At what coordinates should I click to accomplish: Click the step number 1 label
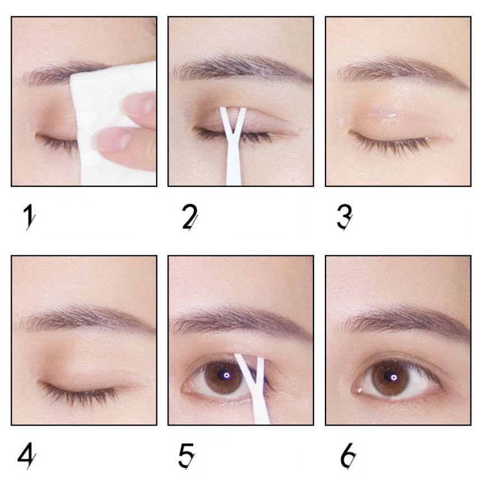(x=29, y=217)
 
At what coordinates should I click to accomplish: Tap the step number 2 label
(x=189, y=217)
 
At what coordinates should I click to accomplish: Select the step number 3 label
(x=345, y=217)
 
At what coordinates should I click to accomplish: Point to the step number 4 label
(x=26, y=456)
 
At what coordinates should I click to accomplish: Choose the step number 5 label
(x=186, y=456)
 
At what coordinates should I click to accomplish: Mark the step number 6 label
(x=348, y=456)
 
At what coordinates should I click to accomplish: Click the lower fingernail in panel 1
(x=114, y=138)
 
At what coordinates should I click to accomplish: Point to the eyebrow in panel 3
(x=398, y=69)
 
